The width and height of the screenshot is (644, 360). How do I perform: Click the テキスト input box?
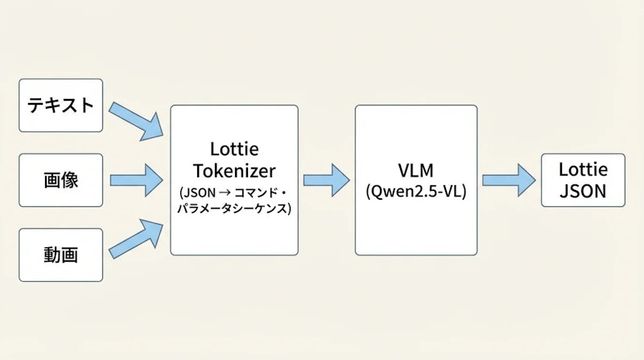click(60, 106)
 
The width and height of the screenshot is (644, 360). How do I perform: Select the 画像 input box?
click(60, 180)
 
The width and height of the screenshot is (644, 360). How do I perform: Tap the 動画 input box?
click(60, 255)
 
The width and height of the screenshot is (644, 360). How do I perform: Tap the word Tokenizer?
click(233, 172)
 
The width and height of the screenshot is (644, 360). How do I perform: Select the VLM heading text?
click(415, 172)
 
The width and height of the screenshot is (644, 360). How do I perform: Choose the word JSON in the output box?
click(582, 192)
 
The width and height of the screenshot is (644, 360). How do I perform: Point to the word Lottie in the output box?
click(582, 170)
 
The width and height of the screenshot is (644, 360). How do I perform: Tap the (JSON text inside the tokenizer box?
click(195, 194)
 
